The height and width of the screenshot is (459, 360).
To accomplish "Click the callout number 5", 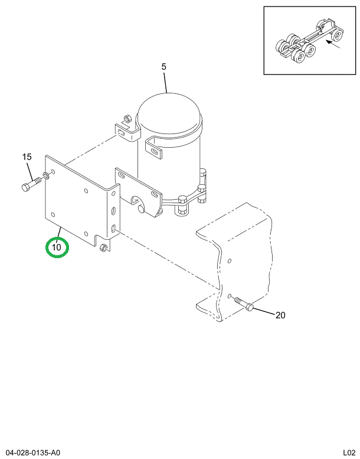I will tap(164, 67).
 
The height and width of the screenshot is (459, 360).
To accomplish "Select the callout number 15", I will tap(27, 157).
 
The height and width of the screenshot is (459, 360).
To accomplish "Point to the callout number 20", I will tap(280, 315).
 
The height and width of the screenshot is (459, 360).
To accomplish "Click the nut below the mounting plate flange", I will tap(104, 248).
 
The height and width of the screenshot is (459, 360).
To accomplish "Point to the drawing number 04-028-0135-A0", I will tap(34, 452).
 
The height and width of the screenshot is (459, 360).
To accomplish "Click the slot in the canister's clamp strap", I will tap(154, 152).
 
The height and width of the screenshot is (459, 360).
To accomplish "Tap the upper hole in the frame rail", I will tap(230, 261).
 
